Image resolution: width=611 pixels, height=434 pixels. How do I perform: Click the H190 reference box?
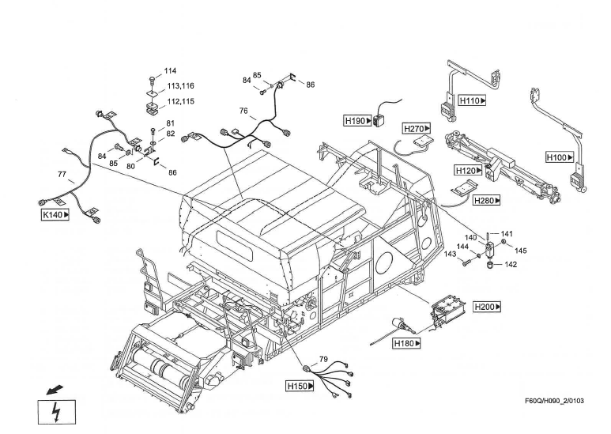click(357, 121)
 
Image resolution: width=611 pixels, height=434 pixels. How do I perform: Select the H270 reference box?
click(417, 128)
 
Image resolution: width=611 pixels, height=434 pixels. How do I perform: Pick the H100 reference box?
click(559, 157)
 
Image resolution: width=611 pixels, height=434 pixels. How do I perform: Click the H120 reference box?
click(468, 170)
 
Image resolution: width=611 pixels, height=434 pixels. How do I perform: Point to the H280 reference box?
click(487, 201)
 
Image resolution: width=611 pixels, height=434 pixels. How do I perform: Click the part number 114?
click(170, 70)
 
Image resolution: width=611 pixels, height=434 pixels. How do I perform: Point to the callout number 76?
click(243, 111)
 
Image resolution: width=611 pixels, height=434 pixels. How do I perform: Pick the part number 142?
click(511, 265)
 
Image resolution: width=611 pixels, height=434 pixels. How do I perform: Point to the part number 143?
click(451, 254)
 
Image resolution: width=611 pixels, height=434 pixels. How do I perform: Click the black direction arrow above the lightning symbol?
click(53, 389)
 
